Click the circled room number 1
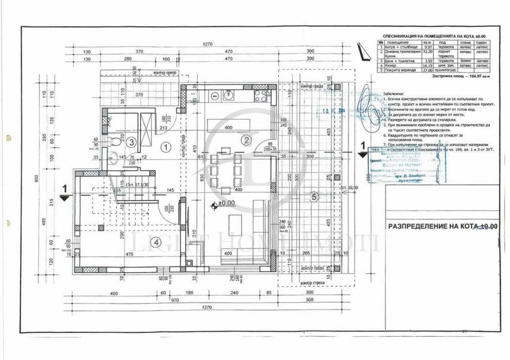(x=166, y=147)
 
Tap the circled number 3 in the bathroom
(x=132, y=142)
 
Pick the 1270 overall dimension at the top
(x=208, y=45)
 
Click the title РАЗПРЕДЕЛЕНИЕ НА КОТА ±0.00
(x=443, y=227)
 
